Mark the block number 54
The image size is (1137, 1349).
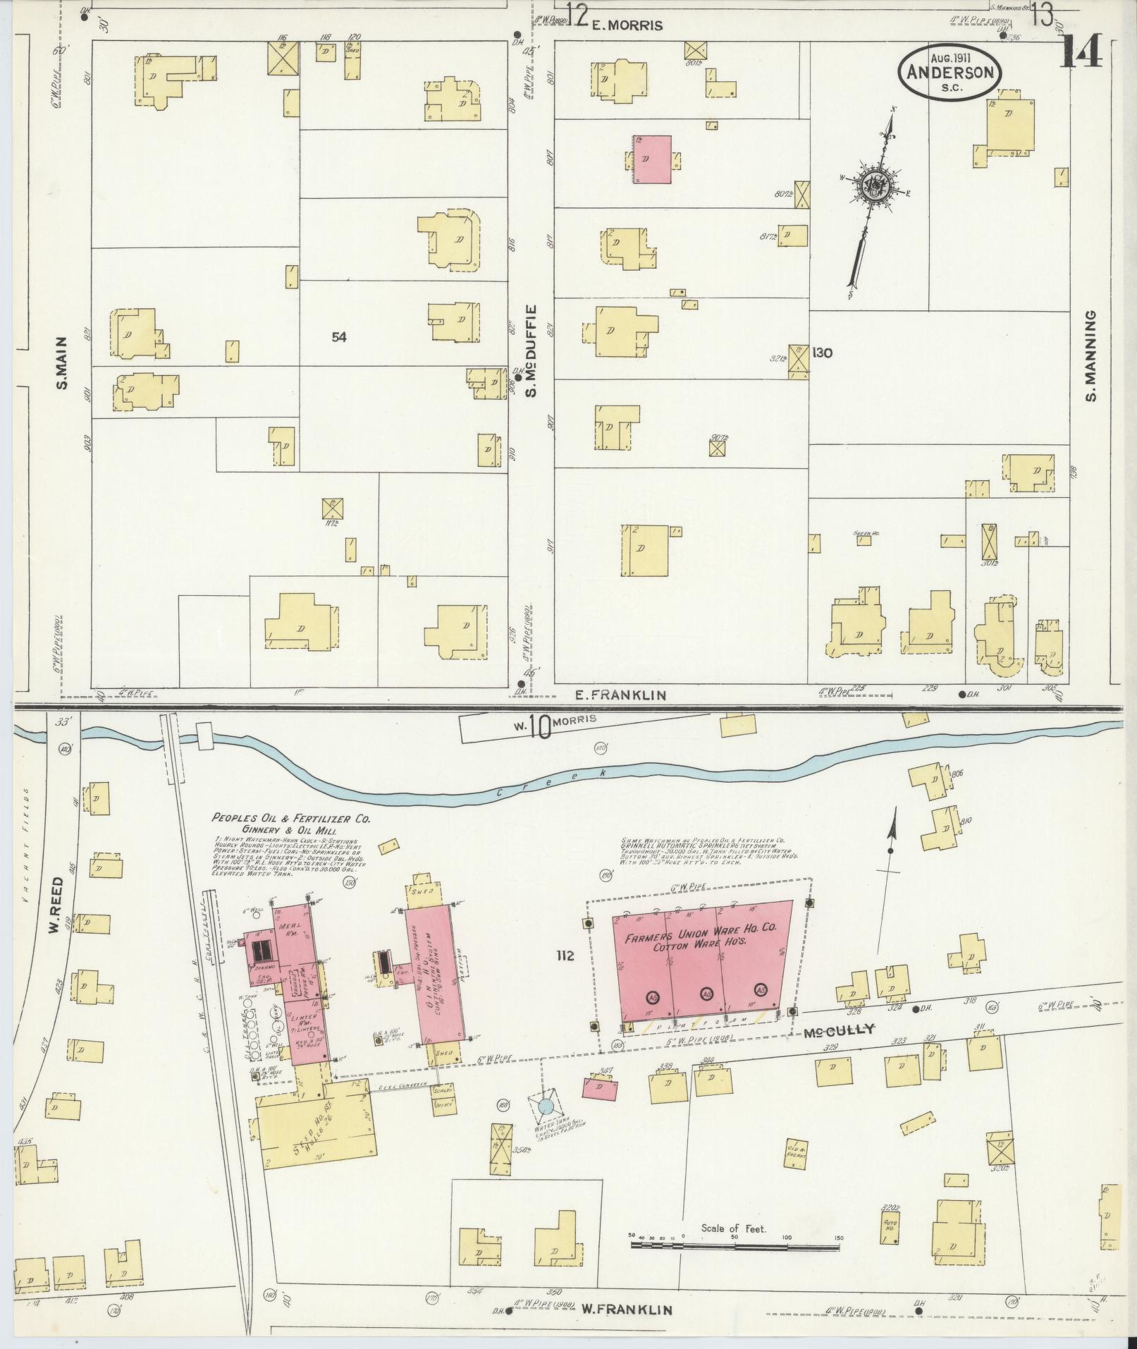339,337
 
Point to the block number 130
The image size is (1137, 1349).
822,352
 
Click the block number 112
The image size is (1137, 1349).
565,956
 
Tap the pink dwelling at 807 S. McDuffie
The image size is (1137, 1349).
652,159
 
